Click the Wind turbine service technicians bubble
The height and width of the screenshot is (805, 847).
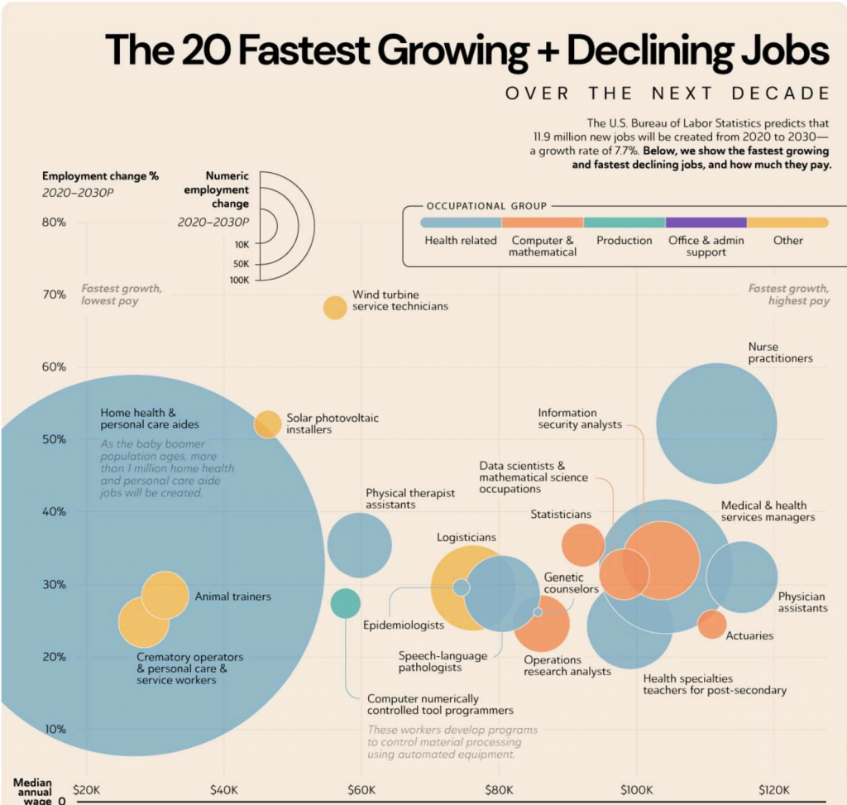pos(334,307)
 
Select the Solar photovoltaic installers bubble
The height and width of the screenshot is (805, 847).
pos(267,424)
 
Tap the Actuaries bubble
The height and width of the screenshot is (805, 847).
pos(711,624)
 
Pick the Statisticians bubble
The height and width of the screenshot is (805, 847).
pos(582,544)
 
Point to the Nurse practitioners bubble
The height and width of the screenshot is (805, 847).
pos(716,423)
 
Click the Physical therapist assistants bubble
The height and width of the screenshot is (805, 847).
pos(359,545)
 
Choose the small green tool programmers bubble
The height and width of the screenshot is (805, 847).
pos(345,603)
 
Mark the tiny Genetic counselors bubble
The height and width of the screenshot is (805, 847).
pos(538,611)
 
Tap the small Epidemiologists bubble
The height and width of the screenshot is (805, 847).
pos(462,587)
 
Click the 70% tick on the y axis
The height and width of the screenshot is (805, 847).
pos(55,295)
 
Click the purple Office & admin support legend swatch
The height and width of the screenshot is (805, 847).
pos(706,223)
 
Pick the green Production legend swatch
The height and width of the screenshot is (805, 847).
pos(624,223)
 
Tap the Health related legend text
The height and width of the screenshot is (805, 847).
pos(460,240)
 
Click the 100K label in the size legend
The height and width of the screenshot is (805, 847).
pos(239,280)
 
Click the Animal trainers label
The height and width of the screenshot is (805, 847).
pos(232,596)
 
